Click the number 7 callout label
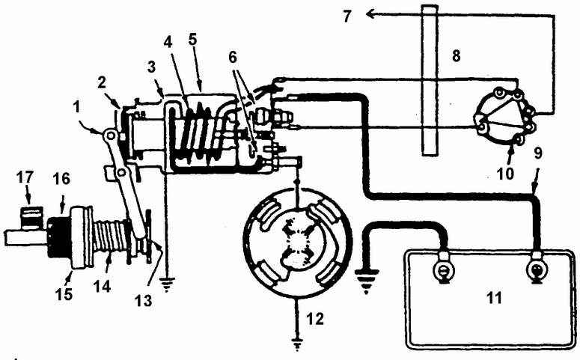347,16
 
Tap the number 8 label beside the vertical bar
456,56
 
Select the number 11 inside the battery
494,297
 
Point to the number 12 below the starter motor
315,319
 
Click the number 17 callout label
25,177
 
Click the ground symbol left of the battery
366,281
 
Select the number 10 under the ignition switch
505,173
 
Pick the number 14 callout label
103,286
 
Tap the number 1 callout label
76,109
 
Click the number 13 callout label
143,301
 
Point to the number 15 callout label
64,294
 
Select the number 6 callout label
232,58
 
